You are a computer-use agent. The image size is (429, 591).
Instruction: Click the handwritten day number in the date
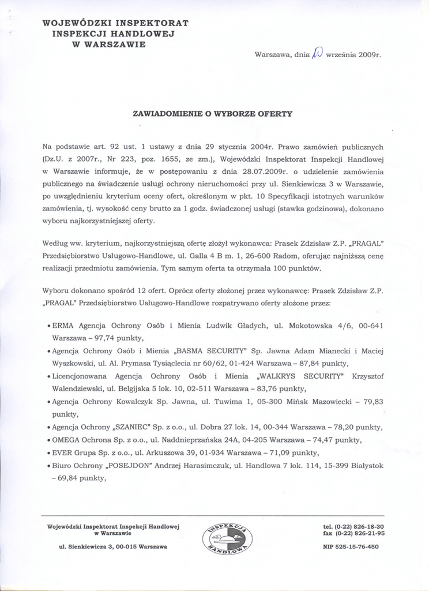pos(318,55)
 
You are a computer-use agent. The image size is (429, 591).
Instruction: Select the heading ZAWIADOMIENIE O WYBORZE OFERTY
pos(213,114)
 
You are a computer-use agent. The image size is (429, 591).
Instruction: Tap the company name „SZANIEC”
pos(131,427)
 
